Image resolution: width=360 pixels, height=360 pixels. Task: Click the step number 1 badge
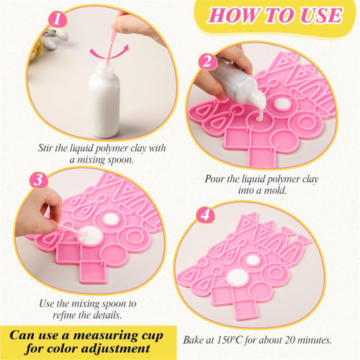point(58,19)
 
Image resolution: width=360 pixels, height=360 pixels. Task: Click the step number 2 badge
point(207,61)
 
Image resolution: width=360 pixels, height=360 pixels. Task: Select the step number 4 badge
point(205,215)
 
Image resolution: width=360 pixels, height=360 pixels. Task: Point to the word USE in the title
point(321,15)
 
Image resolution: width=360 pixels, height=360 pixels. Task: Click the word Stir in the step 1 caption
point(45,148)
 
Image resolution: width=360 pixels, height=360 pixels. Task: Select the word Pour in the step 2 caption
point(214,179)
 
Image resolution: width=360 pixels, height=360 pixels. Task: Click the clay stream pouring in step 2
point(260,115)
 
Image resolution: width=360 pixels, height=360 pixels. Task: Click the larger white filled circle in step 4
point(238,278)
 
